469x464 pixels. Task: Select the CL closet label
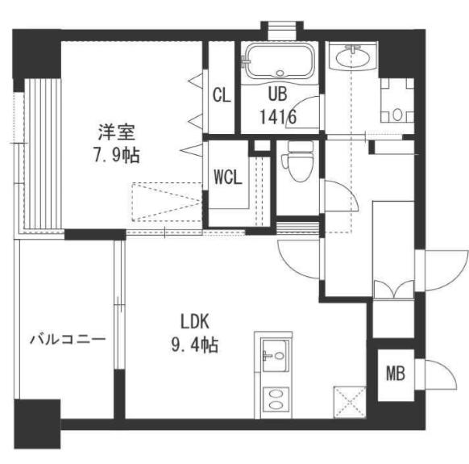coord(222,95)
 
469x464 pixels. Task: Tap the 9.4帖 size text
coord(195,345)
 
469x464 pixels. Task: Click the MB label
coord(395,374)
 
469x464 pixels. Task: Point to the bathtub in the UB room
coord(283,61)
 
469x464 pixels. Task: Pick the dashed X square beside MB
coord(349,401)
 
